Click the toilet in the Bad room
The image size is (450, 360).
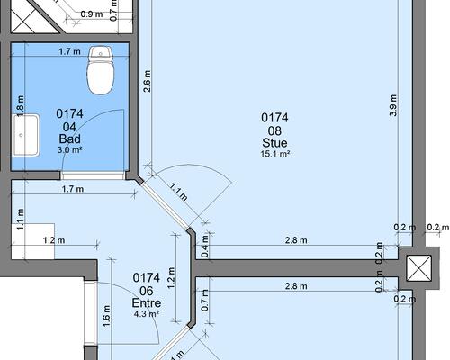101,70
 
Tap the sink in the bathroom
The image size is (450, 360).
26,135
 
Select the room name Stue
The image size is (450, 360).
274,143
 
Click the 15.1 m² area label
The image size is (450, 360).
275,154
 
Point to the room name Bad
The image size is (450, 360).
70,139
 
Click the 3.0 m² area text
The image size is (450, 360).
70,149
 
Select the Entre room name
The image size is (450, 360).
147,302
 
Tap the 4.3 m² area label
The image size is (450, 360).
147,314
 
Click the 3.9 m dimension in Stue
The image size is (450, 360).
393,105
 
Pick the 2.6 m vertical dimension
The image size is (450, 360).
148,81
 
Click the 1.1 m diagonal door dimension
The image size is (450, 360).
179,192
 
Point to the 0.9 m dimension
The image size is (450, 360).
92,14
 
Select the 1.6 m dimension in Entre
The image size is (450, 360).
107,317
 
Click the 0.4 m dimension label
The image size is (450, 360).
205,246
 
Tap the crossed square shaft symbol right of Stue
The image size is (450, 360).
418,268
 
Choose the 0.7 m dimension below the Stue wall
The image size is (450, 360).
205,301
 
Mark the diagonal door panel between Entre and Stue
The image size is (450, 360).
164,205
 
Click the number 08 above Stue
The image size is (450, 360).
274,130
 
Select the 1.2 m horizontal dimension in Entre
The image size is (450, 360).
54,240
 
